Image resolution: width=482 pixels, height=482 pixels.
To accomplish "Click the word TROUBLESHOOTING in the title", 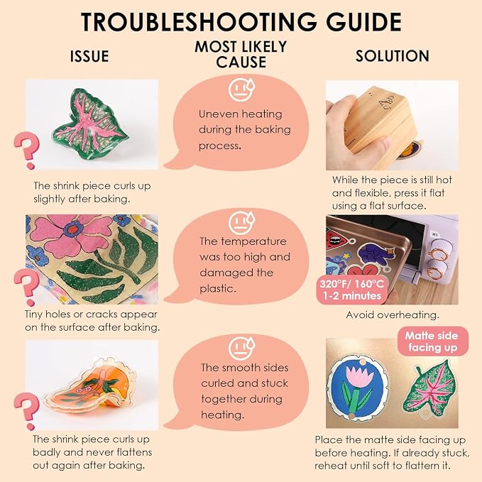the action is point(199,22).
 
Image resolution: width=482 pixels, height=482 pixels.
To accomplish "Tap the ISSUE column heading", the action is point(89,56).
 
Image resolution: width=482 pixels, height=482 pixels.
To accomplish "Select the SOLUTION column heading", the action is point(393,56).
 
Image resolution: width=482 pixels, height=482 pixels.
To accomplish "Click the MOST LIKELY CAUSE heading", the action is point(241,55).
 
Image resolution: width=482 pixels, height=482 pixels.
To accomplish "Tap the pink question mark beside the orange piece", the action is point(27,411).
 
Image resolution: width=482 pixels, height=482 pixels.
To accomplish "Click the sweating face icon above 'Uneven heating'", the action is point(241,89).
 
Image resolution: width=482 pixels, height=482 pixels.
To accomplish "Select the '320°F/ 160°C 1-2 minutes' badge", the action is point(352,290).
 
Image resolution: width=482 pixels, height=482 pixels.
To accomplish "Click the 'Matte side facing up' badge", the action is point(432,341).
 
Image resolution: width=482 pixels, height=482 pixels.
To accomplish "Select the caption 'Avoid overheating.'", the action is point(393,314).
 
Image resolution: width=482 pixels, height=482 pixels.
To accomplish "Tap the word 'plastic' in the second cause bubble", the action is point(217,289).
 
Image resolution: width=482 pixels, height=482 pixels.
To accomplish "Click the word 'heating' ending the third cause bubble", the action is point(222,415).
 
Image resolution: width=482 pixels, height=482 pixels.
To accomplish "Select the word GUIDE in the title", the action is point(363,22).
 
